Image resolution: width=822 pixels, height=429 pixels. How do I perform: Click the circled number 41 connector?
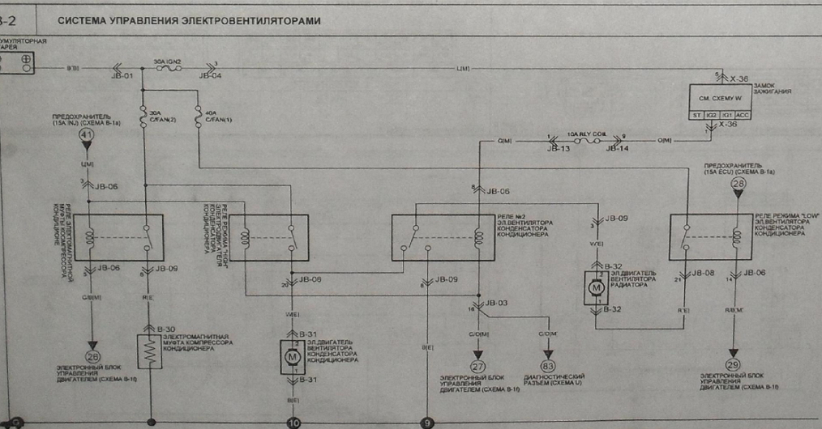click(87, 136)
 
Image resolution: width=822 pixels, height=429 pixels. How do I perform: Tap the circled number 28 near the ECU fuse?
click(739, 185)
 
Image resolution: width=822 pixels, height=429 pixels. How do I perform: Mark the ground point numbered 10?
click(293, 422)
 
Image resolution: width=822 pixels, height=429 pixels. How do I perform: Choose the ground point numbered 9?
click(426, 422)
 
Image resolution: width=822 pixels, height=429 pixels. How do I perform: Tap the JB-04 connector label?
click(210, 77)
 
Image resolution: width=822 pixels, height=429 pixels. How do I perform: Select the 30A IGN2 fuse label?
click(167, 61)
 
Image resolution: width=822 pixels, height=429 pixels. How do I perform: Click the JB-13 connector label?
click(559, 149)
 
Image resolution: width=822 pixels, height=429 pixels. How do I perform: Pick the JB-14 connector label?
click(619, 149)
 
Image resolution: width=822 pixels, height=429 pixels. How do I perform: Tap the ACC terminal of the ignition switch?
click(743, 115)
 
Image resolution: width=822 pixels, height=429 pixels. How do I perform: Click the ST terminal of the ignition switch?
click(696, 115)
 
